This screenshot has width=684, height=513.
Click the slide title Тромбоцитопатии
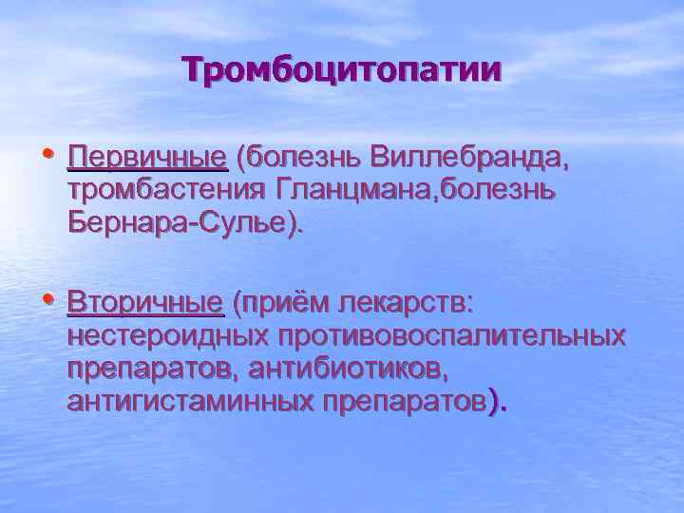tap(342, 69)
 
